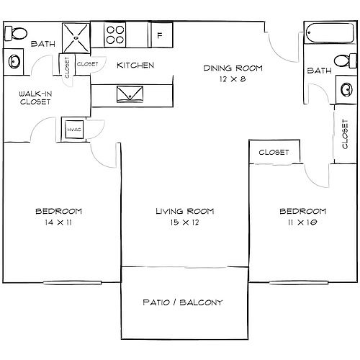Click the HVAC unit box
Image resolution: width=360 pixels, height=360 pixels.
[74, 130]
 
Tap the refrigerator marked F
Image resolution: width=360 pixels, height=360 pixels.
[162, 35]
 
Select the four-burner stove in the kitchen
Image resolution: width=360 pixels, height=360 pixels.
[115, 35]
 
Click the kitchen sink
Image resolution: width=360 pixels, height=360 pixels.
[130, 94]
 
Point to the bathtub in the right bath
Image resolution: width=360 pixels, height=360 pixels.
[330, 33]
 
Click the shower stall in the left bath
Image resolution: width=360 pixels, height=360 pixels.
[76, 37]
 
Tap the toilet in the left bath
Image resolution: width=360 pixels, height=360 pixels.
[16, 34]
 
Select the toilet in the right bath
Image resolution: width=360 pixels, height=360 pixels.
[345, 61]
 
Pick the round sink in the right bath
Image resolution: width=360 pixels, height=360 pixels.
[346, 89]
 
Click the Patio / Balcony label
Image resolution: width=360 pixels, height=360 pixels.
[183, 302]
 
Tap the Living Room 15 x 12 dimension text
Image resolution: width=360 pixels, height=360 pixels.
[185, 222]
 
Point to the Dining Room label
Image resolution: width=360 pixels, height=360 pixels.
[233, 68]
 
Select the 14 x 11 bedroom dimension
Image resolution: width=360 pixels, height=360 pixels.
[58, 222]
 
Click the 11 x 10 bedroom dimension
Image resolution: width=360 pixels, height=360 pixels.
[302, 222]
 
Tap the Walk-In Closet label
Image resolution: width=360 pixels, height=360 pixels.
[35, 98]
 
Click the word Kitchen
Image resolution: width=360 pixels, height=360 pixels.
[135, 66]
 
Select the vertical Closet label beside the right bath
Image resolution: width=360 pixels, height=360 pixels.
[345, 134]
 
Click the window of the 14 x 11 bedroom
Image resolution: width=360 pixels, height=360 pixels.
[72, 283]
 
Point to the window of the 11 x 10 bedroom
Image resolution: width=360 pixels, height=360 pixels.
[299, 283]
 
